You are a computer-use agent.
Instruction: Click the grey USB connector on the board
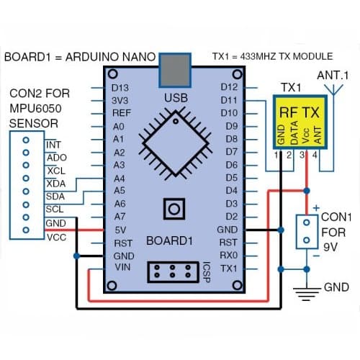pyautogui.click(x=175, y=70)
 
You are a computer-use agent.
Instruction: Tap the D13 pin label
pyautogui.click(x=120, y=88)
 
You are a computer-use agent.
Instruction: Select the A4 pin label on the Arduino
pyautogui.click(x=119, y=179)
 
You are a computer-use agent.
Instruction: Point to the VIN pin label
pyautogui.click(x=122, y=267)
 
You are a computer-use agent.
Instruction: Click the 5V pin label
pyautogui.click(x=120, y=230)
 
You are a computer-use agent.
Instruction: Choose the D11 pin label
pyautogui.click(x=229, y=100)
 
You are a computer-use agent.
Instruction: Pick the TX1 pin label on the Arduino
pyautogui.click(x=228, y=269)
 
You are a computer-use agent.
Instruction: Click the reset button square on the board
pyautogui.click(x=174, y=209)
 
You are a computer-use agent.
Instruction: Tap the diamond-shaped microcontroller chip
pyautogui.click(x=176, y=143)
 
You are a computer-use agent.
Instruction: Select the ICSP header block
pyautogui.click(x=173, y=272)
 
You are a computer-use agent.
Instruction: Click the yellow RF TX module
pyautogui.click(x=300, y=122)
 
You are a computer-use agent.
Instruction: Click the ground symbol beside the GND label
pyautogui.click(x=307, y=294)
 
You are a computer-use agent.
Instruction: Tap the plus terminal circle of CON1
pyautogui.click(x=306, y=222)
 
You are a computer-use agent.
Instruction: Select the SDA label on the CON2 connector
pyautogui.click(x=55, y=197)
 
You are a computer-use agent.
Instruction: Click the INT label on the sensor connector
pyautogui.click(x=53, y=145)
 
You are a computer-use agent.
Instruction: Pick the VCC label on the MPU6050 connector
pyautogui.click(x=57, y=238)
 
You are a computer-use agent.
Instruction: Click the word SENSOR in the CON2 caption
pyautogui.click(x=34, y=124)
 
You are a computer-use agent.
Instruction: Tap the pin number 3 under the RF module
pyautogui.click(x=302, y=155)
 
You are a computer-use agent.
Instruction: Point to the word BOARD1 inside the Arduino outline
pyautogui.click(x=169, y=240)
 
